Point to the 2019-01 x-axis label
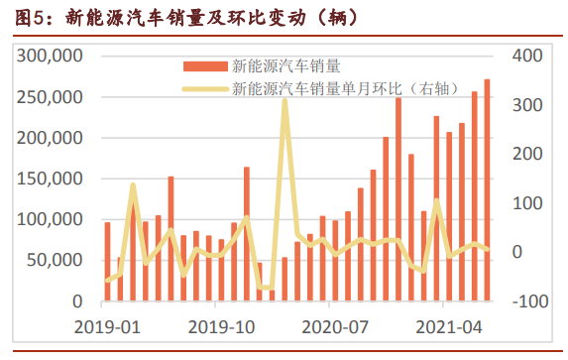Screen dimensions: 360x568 (106, 325)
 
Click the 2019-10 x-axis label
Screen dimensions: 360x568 (221, 325)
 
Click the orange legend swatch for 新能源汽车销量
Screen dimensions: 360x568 (203, 67)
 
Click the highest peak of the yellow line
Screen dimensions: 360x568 (284, 100)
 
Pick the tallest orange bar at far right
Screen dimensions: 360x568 (487, 188)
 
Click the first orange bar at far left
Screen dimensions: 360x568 (108, 261)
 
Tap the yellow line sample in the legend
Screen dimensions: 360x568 (203, 88)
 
